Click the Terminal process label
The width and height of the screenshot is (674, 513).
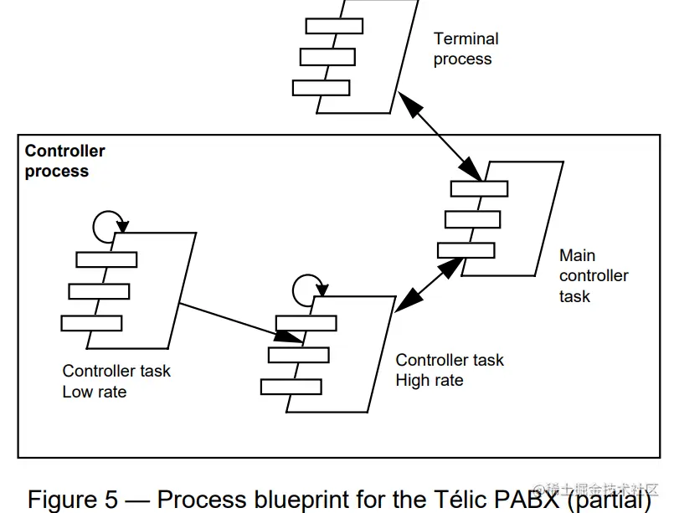coord(466,49)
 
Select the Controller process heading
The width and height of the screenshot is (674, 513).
coord(64,161)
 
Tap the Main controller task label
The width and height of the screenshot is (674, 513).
coord(594,275)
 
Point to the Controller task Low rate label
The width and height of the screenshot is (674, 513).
coord(116,381)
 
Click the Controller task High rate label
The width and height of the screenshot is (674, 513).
coord(450,370)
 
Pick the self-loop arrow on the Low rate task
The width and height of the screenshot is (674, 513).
coord(107,223)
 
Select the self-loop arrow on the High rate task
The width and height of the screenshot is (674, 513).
coord(306,288)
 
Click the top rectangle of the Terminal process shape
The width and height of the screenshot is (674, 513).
coord(334,26)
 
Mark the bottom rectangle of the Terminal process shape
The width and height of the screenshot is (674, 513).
coord(322,87)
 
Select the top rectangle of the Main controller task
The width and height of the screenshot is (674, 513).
coord(479,188)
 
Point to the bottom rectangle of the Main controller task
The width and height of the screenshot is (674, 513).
coord(466,249)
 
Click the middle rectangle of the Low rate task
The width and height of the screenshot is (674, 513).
coord(99,291)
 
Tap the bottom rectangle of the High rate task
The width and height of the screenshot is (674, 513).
coord(291,387)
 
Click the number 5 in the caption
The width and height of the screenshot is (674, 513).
coord(112,500)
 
